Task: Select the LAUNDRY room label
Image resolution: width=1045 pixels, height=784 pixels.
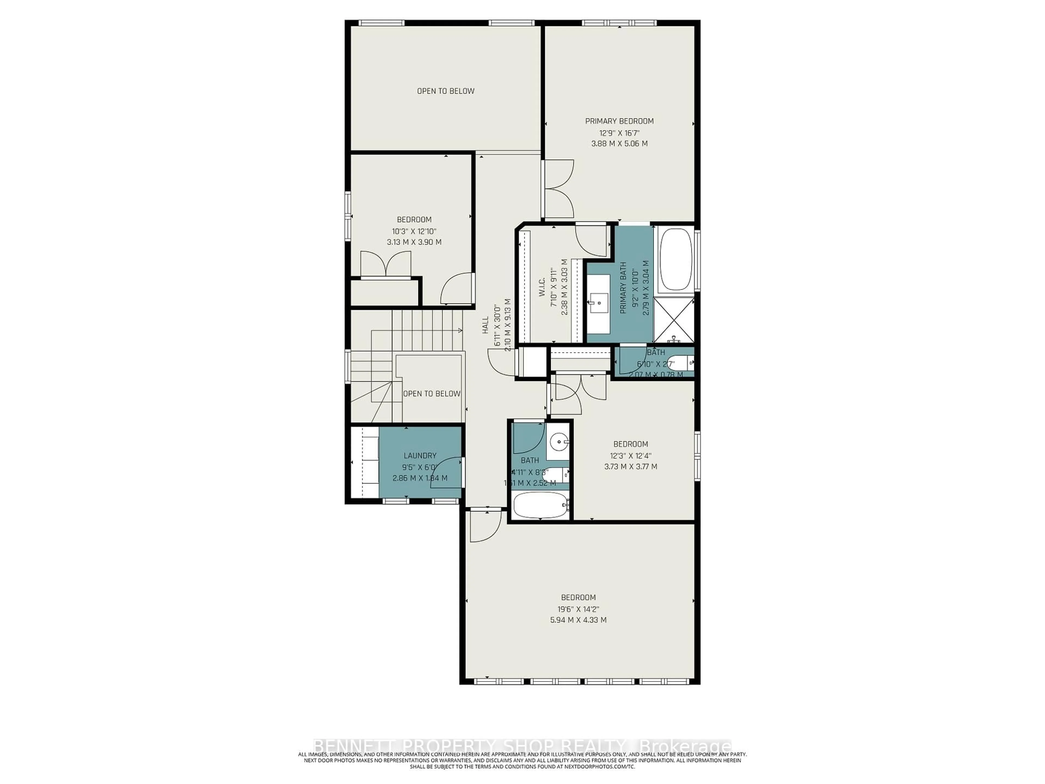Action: point(420,455)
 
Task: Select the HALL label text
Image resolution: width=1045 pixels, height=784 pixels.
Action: point(485,325)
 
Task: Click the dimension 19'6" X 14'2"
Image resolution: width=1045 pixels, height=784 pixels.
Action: point(578,609)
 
